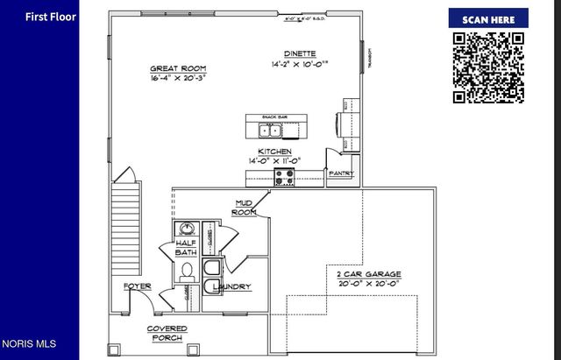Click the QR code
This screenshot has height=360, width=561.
pos(489,67)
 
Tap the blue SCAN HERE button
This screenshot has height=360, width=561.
pos(489,19)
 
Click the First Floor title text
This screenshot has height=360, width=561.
pos(51,17)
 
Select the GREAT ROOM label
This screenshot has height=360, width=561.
pos(177,68)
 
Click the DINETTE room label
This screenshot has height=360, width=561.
pos(300,53)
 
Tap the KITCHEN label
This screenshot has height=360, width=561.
pos(275,152)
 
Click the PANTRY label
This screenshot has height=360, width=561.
pos(340,173)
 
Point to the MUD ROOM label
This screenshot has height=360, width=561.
pos(245,208)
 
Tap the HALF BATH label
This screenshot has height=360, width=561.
pos(186,248)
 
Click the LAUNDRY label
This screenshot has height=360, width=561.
pos(231,286)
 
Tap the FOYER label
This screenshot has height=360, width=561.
pos(137,286)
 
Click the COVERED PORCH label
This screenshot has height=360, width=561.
pos(166,334)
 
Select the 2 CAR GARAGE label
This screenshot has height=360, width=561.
pos(368,279)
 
